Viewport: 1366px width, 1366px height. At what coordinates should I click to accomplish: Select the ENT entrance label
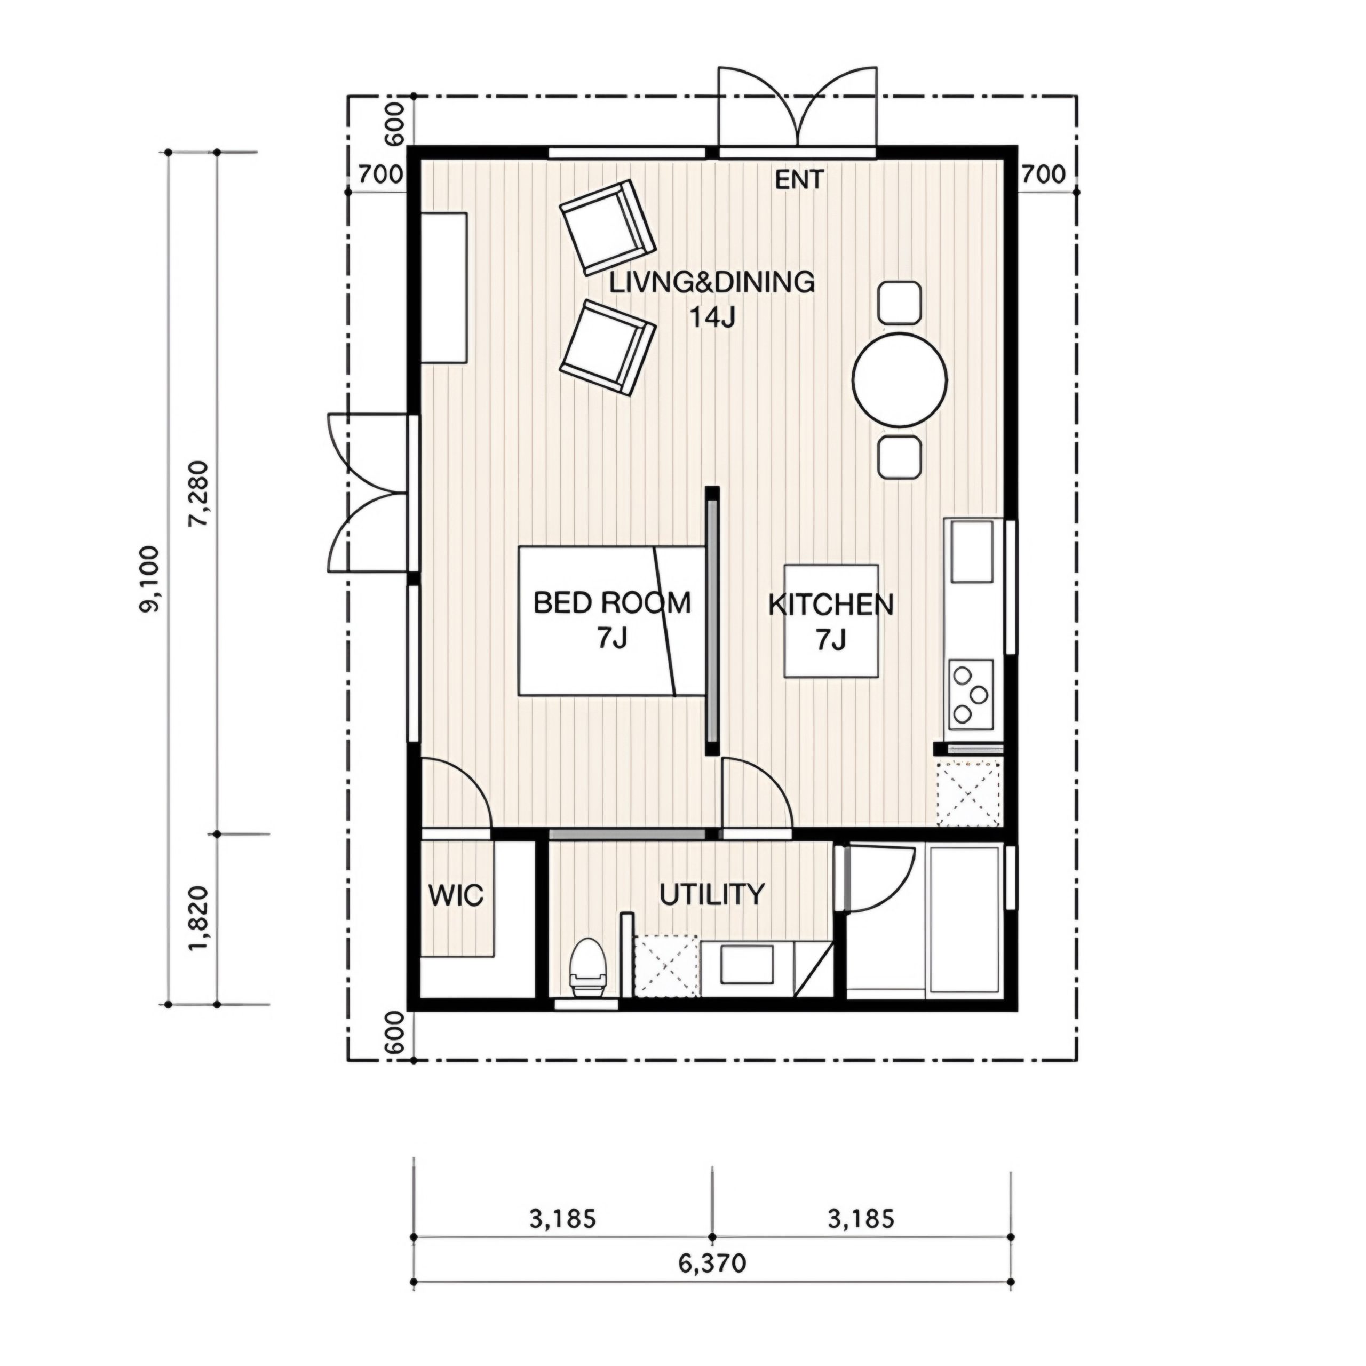pyautogui.click(x=799, y=180)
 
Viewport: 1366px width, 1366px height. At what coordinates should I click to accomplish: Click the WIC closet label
pyautogui.click(x=456, y=896)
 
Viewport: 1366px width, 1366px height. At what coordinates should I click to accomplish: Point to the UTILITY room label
pyautogui.click(x=712, y=894)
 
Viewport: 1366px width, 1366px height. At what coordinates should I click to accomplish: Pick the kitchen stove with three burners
pyautogui.click(x=970, y=695)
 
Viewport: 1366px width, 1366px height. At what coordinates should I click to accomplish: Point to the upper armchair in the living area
pyautogui.click(x=607, y=227)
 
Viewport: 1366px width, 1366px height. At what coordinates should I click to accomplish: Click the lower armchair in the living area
pyautogui.click(x=607, y=348)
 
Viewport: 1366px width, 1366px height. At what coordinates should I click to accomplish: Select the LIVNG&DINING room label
pyautogui.click(x=712, y=283)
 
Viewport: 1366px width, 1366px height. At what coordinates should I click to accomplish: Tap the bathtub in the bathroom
pyautogui.click(x=964, y=922)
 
